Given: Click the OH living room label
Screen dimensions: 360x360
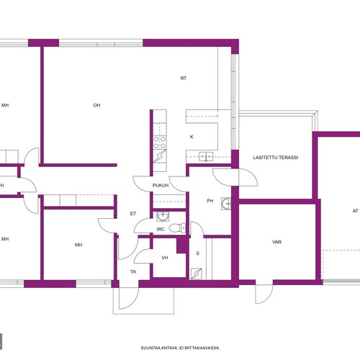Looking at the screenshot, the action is pyautogui.click(x=96, y=105).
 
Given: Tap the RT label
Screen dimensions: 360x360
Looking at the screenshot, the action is pyautogui.click(x=184, y=78).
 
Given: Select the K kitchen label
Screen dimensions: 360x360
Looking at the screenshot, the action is pyautogui.click(x=192, y=137).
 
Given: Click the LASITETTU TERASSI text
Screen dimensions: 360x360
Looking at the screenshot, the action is pyautogui.click(x=276, y=158).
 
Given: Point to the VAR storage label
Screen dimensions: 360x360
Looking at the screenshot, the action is pyautogui.click(x=276, y=242).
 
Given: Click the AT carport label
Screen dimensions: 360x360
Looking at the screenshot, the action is pyautogui.click(x=355, y=211).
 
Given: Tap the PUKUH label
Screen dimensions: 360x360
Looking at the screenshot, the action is pyautogui.click(x=161, y=185).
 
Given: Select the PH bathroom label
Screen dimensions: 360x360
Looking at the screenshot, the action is pyautogui.click(x=210, y=201).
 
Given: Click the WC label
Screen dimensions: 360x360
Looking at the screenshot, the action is pyautogui.click(x=161, y=230).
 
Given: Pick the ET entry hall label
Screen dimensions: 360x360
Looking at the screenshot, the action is pyautogui.click(x=133, y=214).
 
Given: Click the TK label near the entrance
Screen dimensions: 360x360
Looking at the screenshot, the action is pyautogui.click(x=133, y=271).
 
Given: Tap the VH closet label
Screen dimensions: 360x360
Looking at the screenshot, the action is pyautogui.click(x=165, y=258).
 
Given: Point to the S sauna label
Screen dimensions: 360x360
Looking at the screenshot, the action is pyautogui.click(x=197, y=253).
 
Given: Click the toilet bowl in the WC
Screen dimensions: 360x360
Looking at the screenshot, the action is pyautogui.click(x=177, y=228).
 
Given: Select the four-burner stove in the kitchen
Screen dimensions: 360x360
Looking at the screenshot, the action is pyautogui.click(x=160, y=143).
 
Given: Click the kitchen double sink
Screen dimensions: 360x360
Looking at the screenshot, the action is pyautogui.click(x=206, y=156).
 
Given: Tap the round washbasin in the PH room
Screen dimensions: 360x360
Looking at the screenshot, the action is pyautogui.click(x=226, y=204).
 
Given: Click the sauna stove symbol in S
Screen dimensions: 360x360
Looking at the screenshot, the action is pyautogui.click(x=197, y=274).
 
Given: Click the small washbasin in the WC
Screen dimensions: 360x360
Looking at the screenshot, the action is pyautogui.click(x=163, y=217).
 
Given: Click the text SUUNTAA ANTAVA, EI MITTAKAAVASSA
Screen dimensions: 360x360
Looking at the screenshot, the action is pyautogui.click(x=180, y=348).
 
